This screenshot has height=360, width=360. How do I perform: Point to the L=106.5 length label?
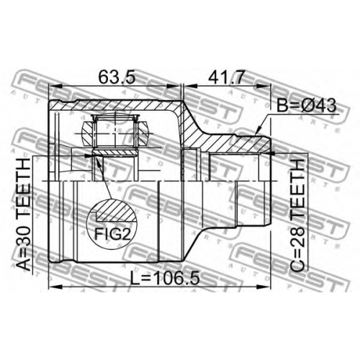point(165,277)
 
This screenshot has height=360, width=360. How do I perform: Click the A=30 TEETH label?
point(24,214)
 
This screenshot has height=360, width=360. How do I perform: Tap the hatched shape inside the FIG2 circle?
point(116,210)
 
